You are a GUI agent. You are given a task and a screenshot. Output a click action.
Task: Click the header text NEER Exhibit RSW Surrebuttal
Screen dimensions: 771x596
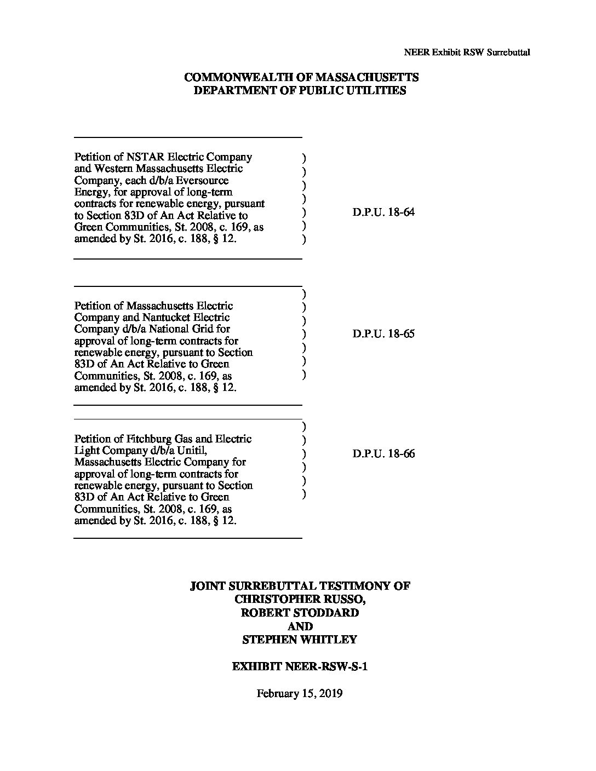pos(467,53)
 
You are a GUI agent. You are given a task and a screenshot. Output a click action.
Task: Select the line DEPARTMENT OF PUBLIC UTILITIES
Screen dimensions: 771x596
pos(300,91)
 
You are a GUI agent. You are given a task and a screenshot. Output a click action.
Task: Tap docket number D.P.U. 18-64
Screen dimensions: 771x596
pos(383,212)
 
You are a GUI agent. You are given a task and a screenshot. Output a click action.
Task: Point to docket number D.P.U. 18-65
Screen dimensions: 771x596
pos(383,333)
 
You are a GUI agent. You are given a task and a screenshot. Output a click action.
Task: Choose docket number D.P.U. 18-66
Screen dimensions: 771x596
pos(383,454)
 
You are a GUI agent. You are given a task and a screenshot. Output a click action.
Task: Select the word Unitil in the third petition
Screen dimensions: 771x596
pos(190,451)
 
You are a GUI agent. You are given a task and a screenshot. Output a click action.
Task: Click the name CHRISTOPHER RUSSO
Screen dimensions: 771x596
pos(300,599)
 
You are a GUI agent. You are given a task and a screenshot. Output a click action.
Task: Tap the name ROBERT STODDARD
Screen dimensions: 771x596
pos(300,613)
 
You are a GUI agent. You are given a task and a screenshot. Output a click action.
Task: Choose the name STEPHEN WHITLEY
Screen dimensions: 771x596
pos(300,640)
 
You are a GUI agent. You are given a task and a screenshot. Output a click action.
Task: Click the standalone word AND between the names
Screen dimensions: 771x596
pos(300,626)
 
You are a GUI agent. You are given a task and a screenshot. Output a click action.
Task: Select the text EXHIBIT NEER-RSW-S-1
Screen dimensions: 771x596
pos(300,666)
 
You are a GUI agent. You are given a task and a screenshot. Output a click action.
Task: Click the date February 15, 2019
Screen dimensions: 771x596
pos(300,693)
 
